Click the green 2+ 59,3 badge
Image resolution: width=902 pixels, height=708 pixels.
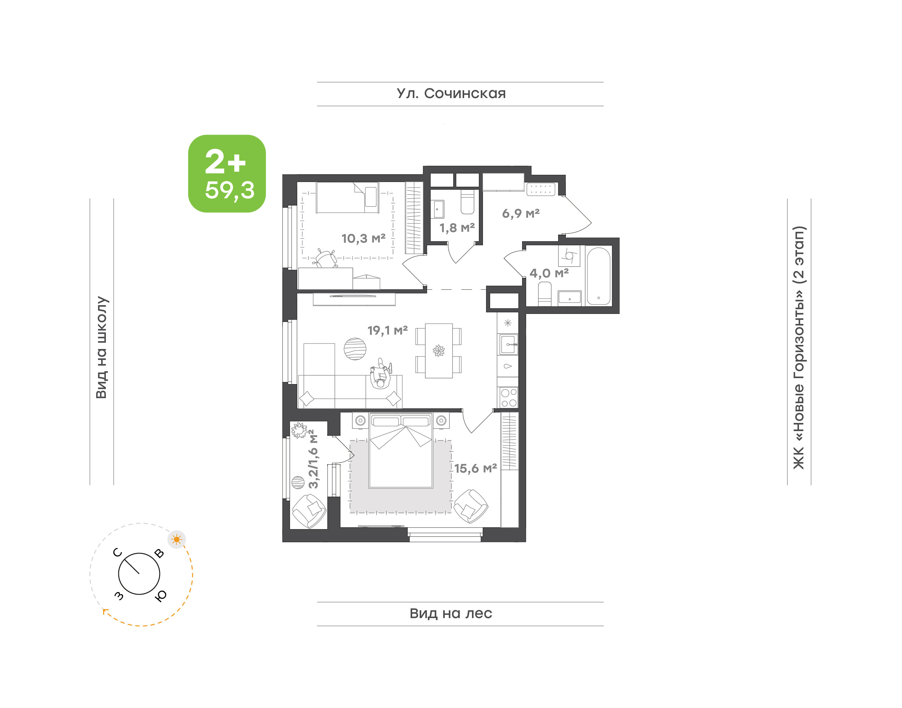point(227,174)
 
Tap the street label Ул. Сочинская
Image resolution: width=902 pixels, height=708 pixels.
point(451,94)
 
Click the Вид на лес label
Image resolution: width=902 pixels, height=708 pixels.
point(451,613)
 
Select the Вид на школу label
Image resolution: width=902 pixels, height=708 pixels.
point(102,347)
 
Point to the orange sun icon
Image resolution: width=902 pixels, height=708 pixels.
point(177,539)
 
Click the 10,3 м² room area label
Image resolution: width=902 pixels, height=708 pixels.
point(363,238)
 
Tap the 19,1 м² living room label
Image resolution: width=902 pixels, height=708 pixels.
point(387,331)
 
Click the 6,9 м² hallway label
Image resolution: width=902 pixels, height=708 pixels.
point(521,213)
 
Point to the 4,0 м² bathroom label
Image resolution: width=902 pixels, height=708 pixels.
point(549,273)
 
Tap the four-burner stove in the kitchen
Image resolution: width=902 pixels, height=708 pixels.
point(508,398)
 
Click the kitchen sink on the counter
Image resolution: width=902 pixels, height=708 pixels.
point(508,345)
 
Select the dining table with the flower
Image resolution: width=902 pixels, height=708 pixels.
point(439,351)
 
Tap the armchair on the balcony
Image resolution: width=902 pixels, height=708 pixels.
point(309,511)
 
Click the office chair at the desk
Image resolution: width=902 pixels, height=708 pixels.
point(326,258)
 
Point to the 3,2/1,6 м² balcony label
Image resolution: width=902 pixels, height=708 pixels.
point(314,459)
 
